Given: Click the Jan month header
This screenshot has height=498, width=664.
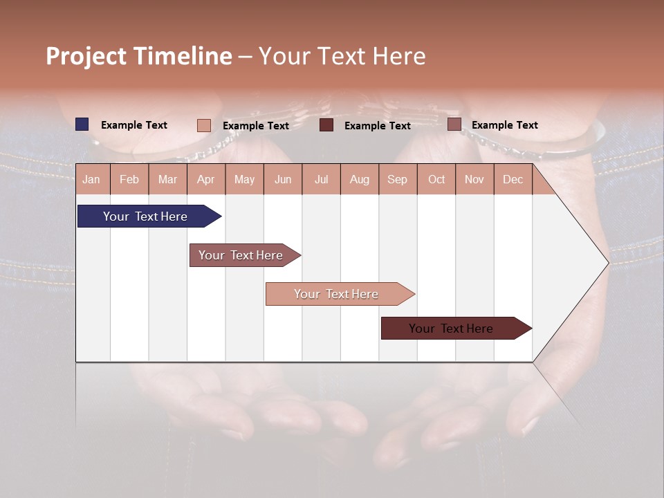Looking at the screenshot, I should coord(91,179).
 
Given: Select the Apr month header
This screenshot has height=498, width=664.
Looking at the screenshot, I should coord(206,179).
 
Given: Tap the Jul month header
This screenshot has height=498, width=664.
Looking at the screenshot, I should coord(321,179).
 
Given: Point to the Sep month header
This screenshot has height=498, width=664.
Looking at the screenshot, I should coord(397,179).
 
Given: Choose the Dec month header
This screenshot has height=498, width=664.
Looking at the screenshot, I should coord(513,179).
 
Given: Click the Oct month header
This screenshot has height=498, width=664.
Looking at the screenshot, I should coord(436,179).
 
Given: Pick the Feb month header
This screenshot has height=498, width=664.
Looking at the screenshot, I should coord(129,179).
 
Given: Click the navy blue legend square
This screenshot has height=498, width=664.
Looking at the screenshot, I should coord(82,124).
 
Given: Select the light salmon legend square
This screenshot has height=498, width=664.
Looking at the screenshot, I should coord(203,125).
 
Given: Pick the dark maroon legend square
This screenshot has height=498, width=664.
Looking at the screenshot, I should coord(326,125).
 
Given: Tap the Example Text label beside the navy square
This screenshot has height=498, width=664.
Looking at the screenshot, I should coord(134,125).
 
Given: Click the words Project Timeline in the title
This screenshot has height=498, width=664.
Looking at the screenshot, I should coord(138,56).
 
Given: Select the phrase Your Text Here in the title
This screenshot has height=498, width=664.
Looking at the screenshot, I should coord(342,56).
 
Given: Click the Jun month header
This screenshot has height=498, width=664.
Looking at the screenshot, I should coord(283,179).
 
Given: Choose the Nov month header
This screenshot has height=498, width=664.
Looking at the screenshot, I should coord(474,179).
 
